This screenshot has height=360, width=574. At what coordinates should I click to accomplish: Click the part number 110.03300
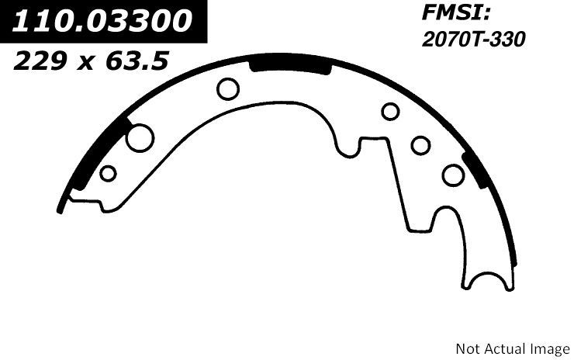point(102,20)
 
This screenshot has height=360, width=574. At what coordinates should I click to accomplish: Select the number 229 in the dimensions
point(40,61)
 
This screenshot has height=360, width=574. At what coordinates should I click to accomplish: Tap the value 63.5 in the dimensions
point(137,61)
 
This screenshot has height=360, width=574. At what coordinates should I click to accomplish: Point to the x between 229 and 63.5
point(87,64)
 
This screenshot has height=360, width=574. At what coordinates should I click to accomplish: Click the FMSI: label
point(456,13)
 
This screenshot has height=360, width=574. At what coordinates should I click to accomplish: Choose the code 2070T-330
point(474,39)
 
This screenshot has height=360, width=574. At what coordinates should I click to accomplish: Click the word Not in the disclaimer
point(469,348)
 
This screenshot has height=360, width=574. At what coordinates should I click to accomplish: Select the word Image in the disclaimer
point(548,349)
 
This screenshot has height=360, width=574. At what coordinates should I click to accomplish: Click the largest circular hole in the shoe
point(140,138)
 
